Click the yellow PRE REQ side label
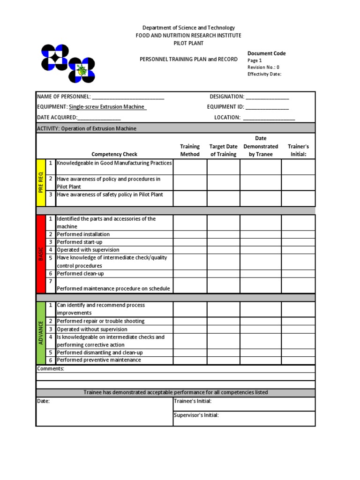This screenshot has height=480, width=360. pos(41,183)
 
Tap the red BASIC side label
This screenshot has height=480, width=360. pos(41,254)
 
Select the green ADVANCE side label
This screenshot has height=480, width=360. pos(41,333)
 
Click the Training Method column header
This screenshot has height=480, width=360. pos(190,150)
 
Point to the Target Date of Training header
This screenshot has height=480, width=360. pos(223,150)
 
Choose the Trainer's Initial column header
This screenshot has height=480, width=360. pos(298,150)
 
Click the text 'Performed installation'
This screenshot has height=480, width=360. pos(83,234)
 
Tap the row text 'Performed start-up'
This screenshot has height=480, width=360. pos(79,242)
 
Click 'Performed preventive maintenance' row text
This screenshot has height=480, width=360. pos(98,360)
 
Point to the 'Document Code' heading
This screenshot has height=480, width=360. pos(266,53)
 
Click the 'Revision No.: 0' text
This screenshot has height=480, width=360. pos(263,67)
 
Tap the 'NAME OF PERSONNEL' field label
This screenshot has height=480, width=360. pos(64,97)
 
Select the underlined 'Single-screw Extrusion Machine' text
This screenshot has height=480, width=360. pos(107,107)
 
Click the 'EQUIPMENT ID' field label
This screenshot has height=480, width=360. pos(225,107)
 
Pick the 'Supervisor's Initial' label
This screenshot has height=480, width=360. pos(196,415)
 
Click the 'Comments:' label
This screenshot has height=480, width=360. pos(50,369)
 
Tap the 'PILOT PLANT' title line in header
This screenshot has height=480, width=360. pos(188,43)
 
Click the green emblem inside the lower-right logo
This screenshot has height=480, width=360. pos(82,70)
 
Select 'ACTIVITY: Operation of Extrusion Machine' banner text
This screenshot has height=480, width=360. pos(87,128)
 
